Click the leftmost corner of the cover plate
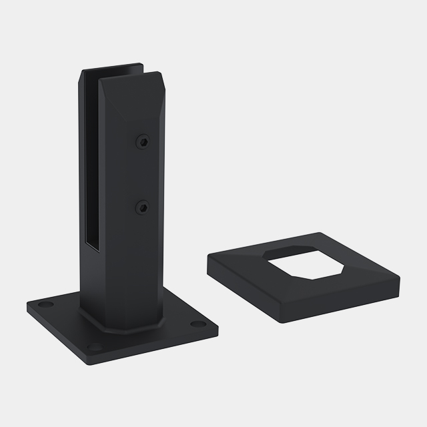click(x=207, y=260)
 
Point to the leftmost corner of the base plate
click(x=28, y=308)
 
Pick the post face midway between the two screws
click(x=142, y=175)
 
